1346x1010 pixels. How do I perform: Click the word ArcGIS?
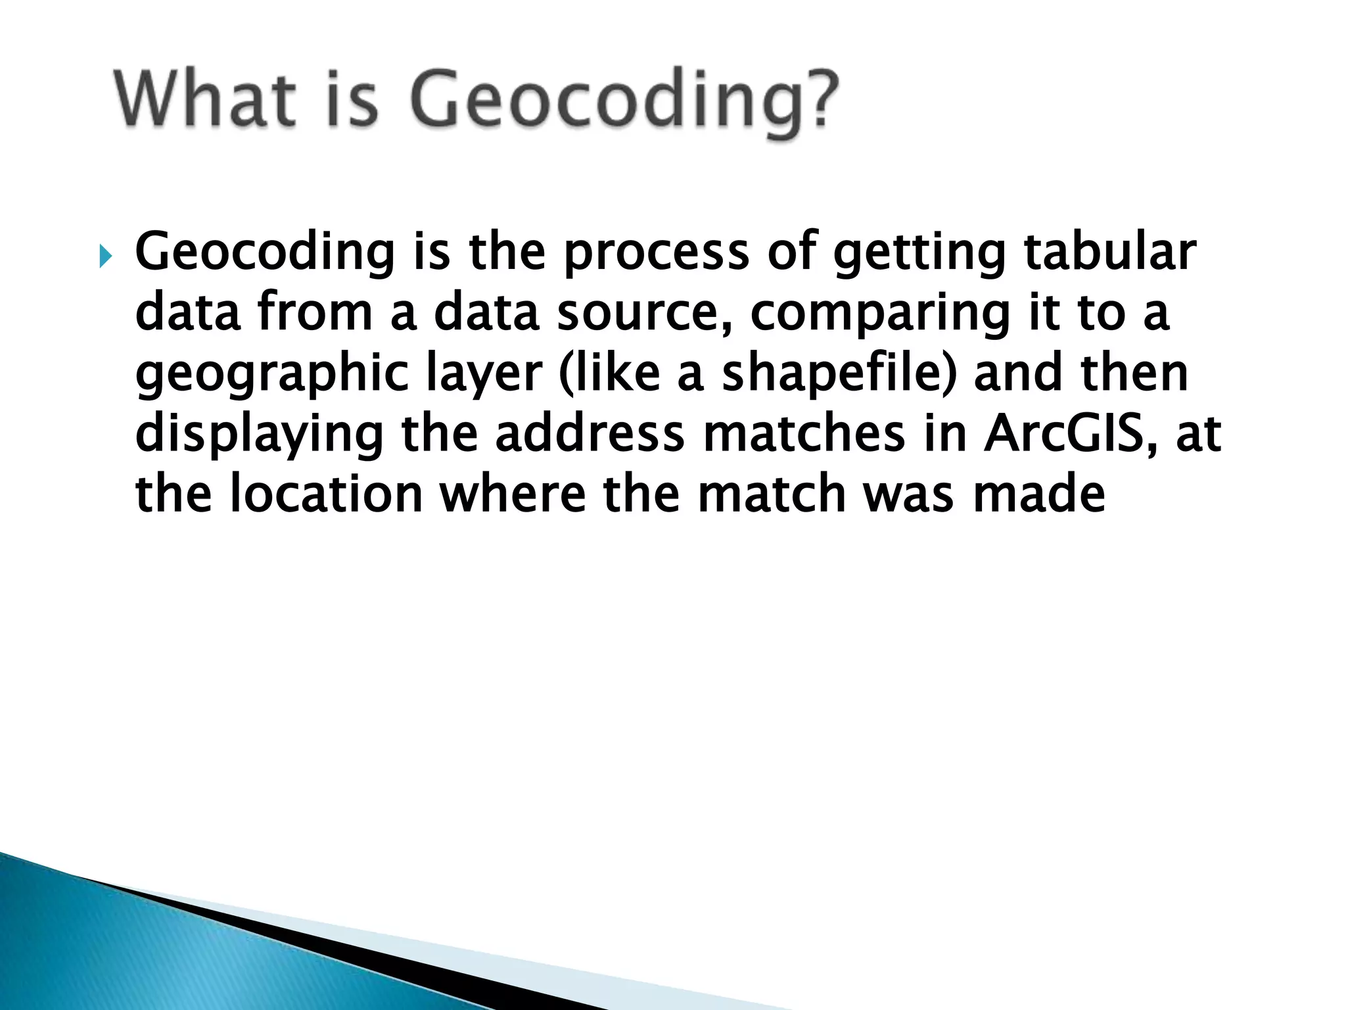pyautogui.click(x=1071, y=434)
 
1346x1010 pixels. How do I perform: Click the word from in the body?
pyautogui.click(x=315, y=313)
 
